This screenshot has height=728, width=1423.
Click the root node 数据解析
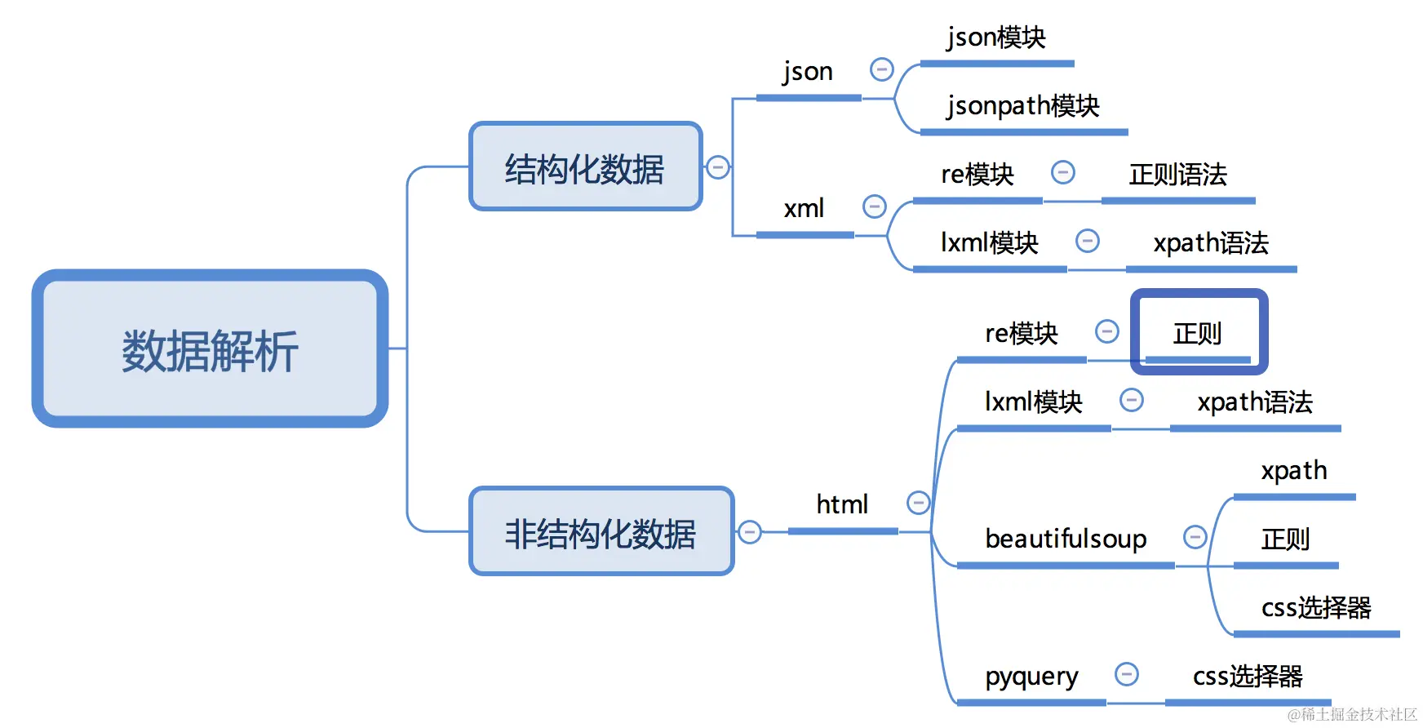210,349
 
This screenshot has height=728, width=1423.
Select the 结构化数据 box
585,167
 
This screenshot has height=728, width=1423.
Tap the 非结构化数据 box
601,532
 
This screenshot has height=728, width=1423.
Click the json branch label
807,72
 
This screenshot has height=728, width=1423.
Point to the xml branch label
804,208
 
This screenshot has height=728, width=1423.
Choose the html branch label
842,504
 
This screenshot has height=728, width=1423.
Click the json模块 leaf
995,38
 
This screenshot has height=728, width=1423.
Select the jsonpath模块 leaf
1023,106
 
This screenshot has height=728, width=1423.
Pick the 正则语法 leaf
1177,175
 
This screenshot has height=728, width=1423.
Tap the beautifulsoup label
1066,539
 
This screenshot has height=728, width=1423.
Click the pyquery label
1031,677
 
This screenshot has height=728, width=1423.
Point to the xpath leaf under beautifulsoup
1294,471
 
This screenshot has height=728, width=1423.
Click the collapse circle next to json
882,69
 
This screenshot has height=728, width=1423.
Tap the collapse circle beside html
919,503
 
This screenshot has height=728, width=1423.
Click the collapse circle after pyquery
1127,674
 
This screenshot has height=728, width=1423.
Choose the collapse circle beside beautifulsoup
1195,537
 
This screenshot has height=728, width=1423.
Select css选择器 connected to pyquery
1248,677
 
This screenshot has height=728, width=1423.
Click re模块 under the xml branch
977,175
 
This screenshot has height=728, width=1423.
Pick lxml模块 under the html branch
1033,402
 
